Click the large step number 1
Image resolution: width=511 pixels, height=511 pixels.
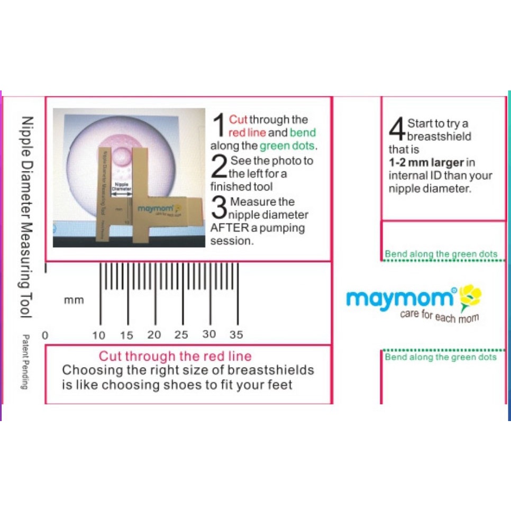click(218, 125)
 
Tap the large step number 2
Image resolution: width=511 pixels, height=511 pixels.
click(218, 167)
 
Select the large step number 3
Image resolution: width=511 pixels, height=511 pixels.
click(219, 208)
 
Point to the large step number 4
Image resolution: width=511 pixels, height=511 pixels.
click(397, 130)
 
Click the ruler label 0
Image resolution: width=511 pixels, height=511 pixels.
click(45, 335)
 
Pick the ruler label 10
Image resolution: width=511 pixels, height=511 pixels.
click(99, 335)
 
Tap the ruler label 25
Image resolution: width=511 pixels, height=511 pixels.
click(181, 335)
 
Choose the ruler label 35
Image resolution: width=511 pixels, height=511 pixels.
click(236, 335)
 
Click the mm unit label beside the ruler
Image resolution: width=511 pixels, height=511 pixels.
click(74, 300)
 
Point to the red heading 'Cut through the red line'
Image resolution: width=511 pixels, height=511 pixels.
click(175, 356)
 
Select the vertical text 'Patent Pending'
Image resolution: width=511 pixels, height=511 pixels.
click(24, 362)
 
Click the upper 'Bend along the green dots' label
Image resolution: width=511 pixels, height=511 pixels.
click(441, 254)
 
